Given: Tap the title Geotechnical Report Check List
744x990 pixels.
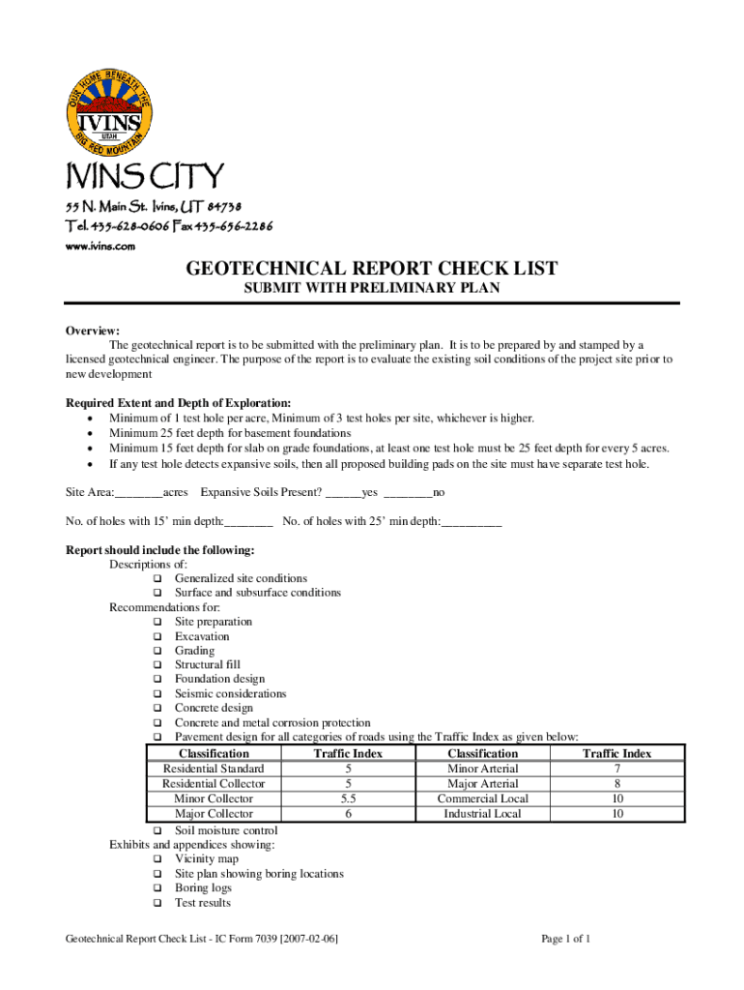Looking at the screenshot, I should click(372, 269).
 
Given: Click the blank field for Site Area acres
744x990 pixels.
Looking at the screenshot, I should click(139, 493).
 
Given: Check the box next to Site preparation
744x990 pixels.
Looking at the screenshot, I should click(157, 622).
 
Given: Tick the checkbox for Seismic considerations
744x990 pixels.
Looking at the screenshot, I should click(157, 694).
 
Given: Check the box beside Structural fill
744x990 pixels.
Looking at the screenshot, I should click(157, 665).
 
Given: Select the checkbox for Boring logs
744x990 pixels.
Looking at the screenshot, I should click(157, 888).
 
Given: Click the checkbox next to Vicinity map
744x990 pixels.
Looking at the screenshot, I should click(157, 859).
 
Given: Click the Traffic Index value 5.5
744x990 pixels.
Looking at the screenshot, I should click(348, 799).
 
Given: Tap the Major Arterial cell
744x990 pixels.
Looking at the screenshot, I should click(482, 784).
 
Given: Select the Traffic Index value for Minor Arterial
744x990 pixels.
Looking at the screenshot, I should click(616, 769).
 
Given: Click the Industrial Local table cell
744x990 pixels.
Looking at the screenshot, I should click(482, 814).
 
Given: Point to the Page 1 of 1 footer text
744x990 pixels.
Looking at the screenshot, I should click(565, 939).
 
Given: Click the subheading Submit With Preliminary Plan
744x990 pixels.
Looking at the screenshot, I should click(372, 288).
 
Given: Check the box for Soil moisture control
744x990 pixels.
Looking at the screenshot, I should click(157, 831).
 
